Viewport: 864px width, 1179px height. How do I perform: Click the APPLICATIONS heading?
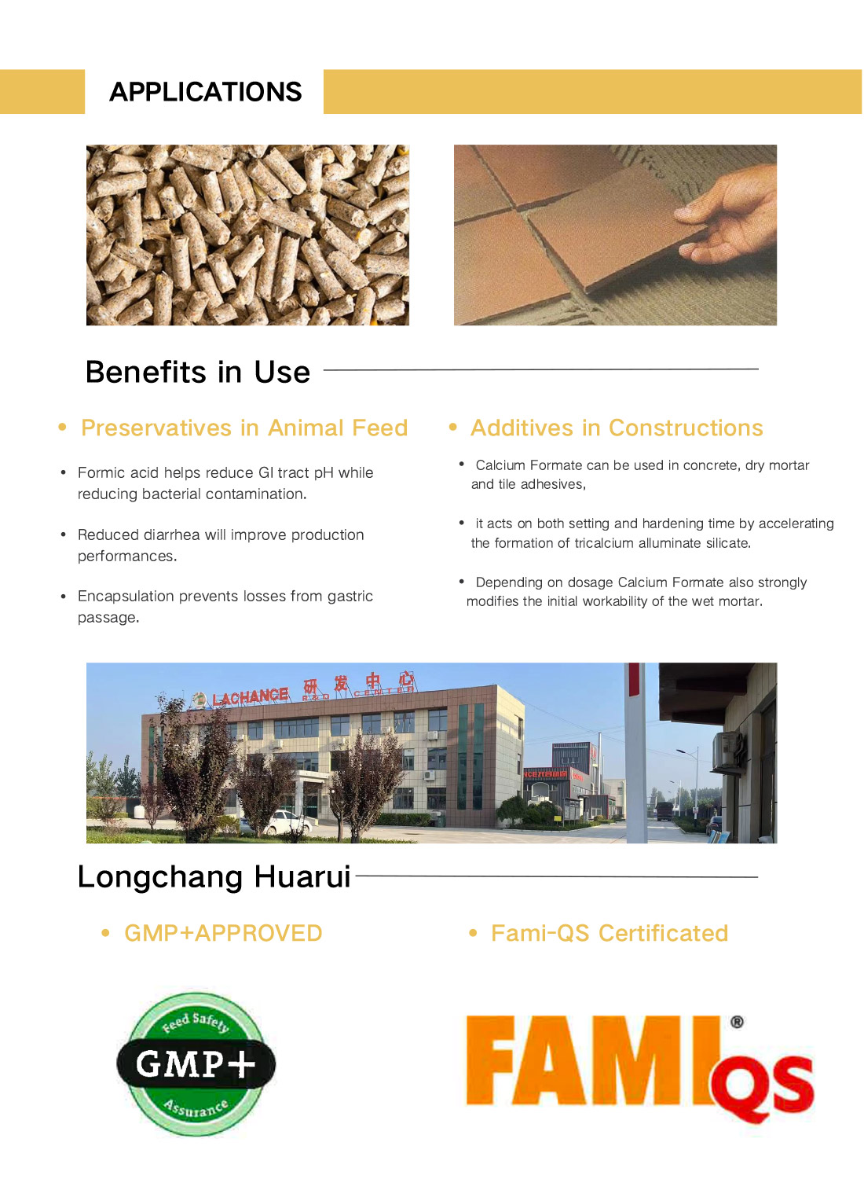pos(205,92)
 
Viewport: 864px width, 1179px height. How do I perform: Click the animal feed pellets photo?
pos(247,235)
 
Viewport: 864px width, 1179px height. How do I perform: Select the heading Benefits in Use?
pos(198,372)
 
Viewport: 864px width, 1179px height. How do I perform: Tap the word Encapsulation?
pos(126,596)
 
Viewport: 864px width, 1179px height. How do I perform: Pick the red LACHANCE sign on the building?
pos(250,696)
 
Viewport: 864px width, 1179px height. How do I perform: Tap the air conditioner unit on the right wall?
pos(727,747)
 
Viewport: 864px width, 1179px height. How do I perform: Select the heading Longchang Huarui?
pos(214,876)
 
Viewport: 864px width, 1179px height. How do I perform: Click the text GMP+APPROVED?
pos(223,933)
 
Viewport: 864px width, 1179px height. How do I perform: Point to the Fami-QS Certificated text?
pos(610,933)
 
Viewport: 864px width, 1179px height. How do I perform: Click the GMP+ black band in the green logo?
pos(196,1064)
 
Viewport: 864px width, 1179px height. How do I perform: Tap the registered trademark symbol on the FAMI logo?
pos(737,1022)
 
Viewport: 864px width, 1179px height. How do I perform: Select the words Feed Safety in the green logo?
pos(196,1021)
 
